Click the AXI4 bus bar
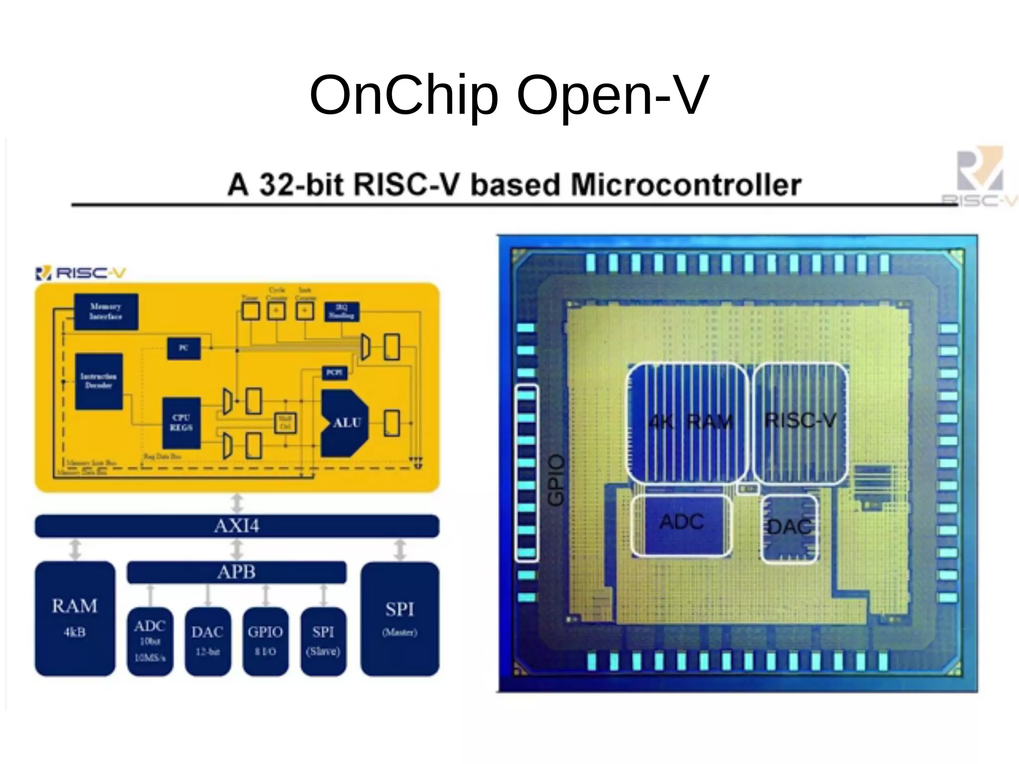tap(237, 526)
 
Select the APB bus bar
tap(237, 572)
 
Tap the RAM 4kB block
tap(75, 618)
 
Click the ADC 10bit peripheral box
tap(150, 641)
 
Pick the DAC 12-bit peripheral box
tap(207, 641)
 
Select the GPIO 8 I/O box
tap(265, 641)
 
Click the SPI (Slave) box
tap(323, 641)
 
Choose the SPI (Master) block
tap(400, 618)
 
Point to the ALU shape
tap(345, 423)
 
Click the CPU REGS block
tap(182, 423)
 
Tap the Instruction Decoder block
tap(99, 381)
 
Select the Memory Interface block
tap(106, 311)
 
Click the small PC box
tap(184, 348)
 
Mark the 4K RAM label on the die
tap(691, 422)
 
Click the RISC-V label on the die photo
tap(800, 421)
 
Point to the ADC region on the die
tap(682, 523)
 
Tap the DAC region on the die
tap(790, 528)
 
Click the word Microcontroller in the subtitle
tap(686, 185)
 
